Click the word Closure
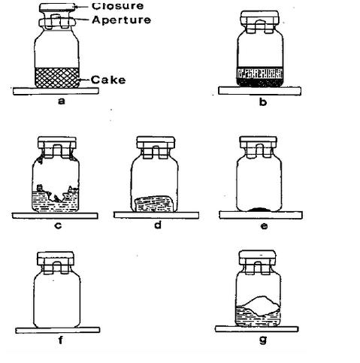(117, 6)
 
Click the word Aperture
(122, 20)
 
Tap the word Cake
(108, 80)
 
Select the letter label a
(62, 101)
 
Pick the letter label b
(263, 101)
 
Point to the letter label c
(58, 225)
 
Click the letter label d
(158, 225)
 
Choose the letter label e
(264, 226)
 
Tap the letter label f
(60, 340)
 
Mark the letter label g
(263, 340)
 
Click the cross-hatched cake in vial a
(56, 77)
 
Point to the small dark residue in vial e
(259, 209)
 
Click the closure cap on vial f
(56, 259)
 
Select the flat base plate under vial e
(261, 215)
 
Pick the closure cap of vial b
(259, 18)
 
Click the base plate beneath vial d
(156, 215)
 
